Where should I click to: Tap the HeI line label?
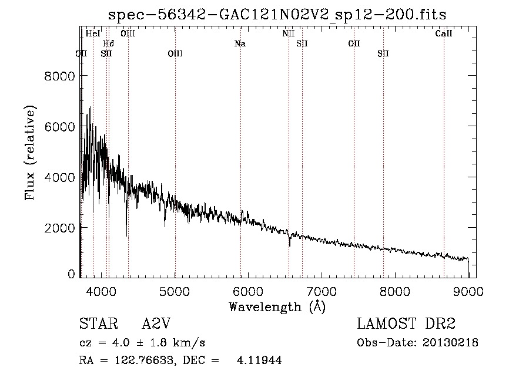[x=93, y=33]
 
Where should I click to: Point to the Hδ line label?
[x=109, y=43]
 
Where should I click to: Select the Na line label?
[x=240, y=43]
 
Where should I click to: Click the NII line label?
[x=288, y=33]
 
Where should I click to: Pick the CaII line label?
[x=444, y=33]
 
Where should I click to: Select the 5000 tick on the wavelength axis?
[x=175, y=289]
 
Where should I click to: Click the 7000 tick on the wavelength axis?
[x=322, y=289]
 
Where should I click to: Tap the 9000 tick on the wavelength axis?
[x=468, y=289]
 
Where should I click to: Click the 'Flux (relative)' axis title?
[x=30, y=152]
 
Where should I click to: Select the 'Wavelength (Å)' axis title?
[x=277, y=306]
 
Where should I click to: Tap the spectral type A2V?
[x=156, y=324]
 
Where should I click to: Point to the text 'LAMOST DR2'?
[x=406, y=324]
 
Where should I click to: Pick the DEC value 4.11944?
[x=259, y=361]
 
